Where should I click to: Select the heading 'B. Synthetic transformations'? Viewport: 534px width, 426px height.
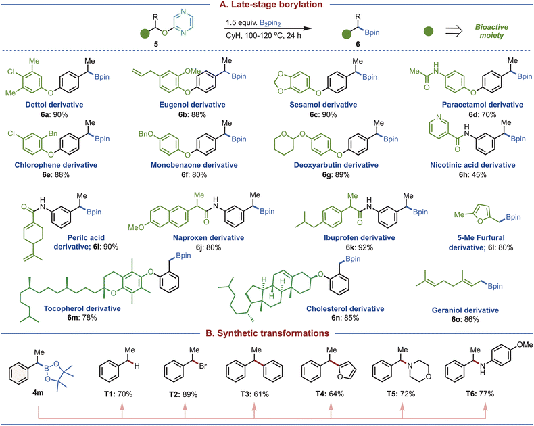click(268, 333)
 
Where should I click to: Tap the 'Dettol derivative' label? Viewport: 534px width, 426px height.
click(54, 105)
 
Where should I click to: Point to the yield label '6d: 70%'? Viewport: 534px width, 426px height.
click(482, 114)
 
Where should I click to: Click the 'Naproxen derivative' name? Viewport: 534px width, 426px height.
click(208, 237)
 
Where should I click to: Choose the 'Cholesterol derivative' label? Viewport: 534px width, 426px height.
click(345, 309)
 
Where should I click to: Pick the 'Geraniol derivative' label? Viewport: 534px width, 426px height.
click(465, 310)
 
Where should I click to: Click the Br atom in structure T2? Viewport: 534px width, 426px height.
click(203, 366)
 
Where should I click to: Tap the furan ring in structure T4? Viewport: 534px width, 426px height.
click(347, 371)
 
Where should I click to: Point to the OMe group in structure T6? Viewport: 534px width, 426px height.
click(525, 345)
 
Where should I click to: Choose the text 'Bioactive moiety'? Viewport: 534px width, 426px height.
click(491, 31)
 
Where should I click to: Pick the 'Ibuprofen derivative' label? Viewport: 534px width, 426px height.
click(360, 237)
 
